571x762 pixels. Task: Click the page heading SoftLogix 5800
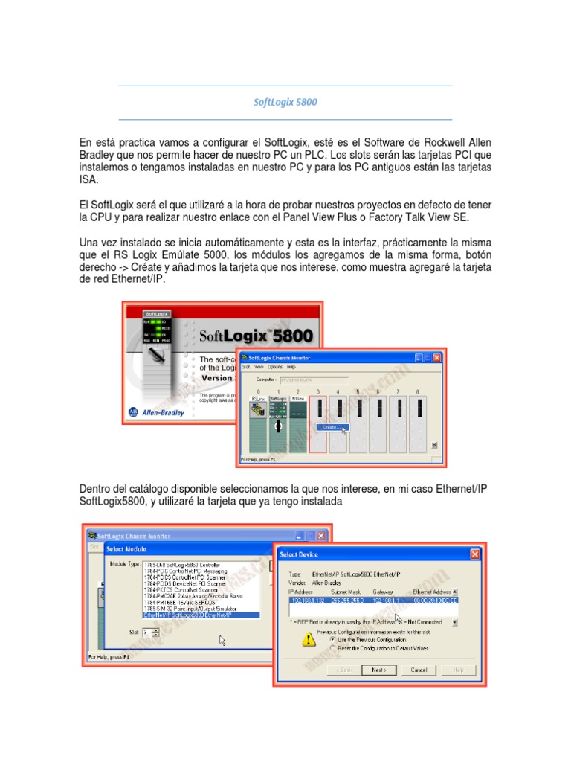(x=285, y=102)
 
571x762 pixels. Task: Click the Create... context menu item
(x=331, y=427)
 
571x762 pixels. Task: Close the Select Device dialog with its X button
(x=474, y=554)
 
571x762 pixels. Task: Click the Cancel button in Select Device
(x=419, y=670)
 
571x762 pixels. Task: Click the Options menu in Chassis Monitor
(x=274, y=367)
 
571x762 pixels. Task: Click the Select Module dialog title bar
(x=186, y=549)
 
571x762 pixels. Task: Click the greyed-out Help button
(x=457, y=670)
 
